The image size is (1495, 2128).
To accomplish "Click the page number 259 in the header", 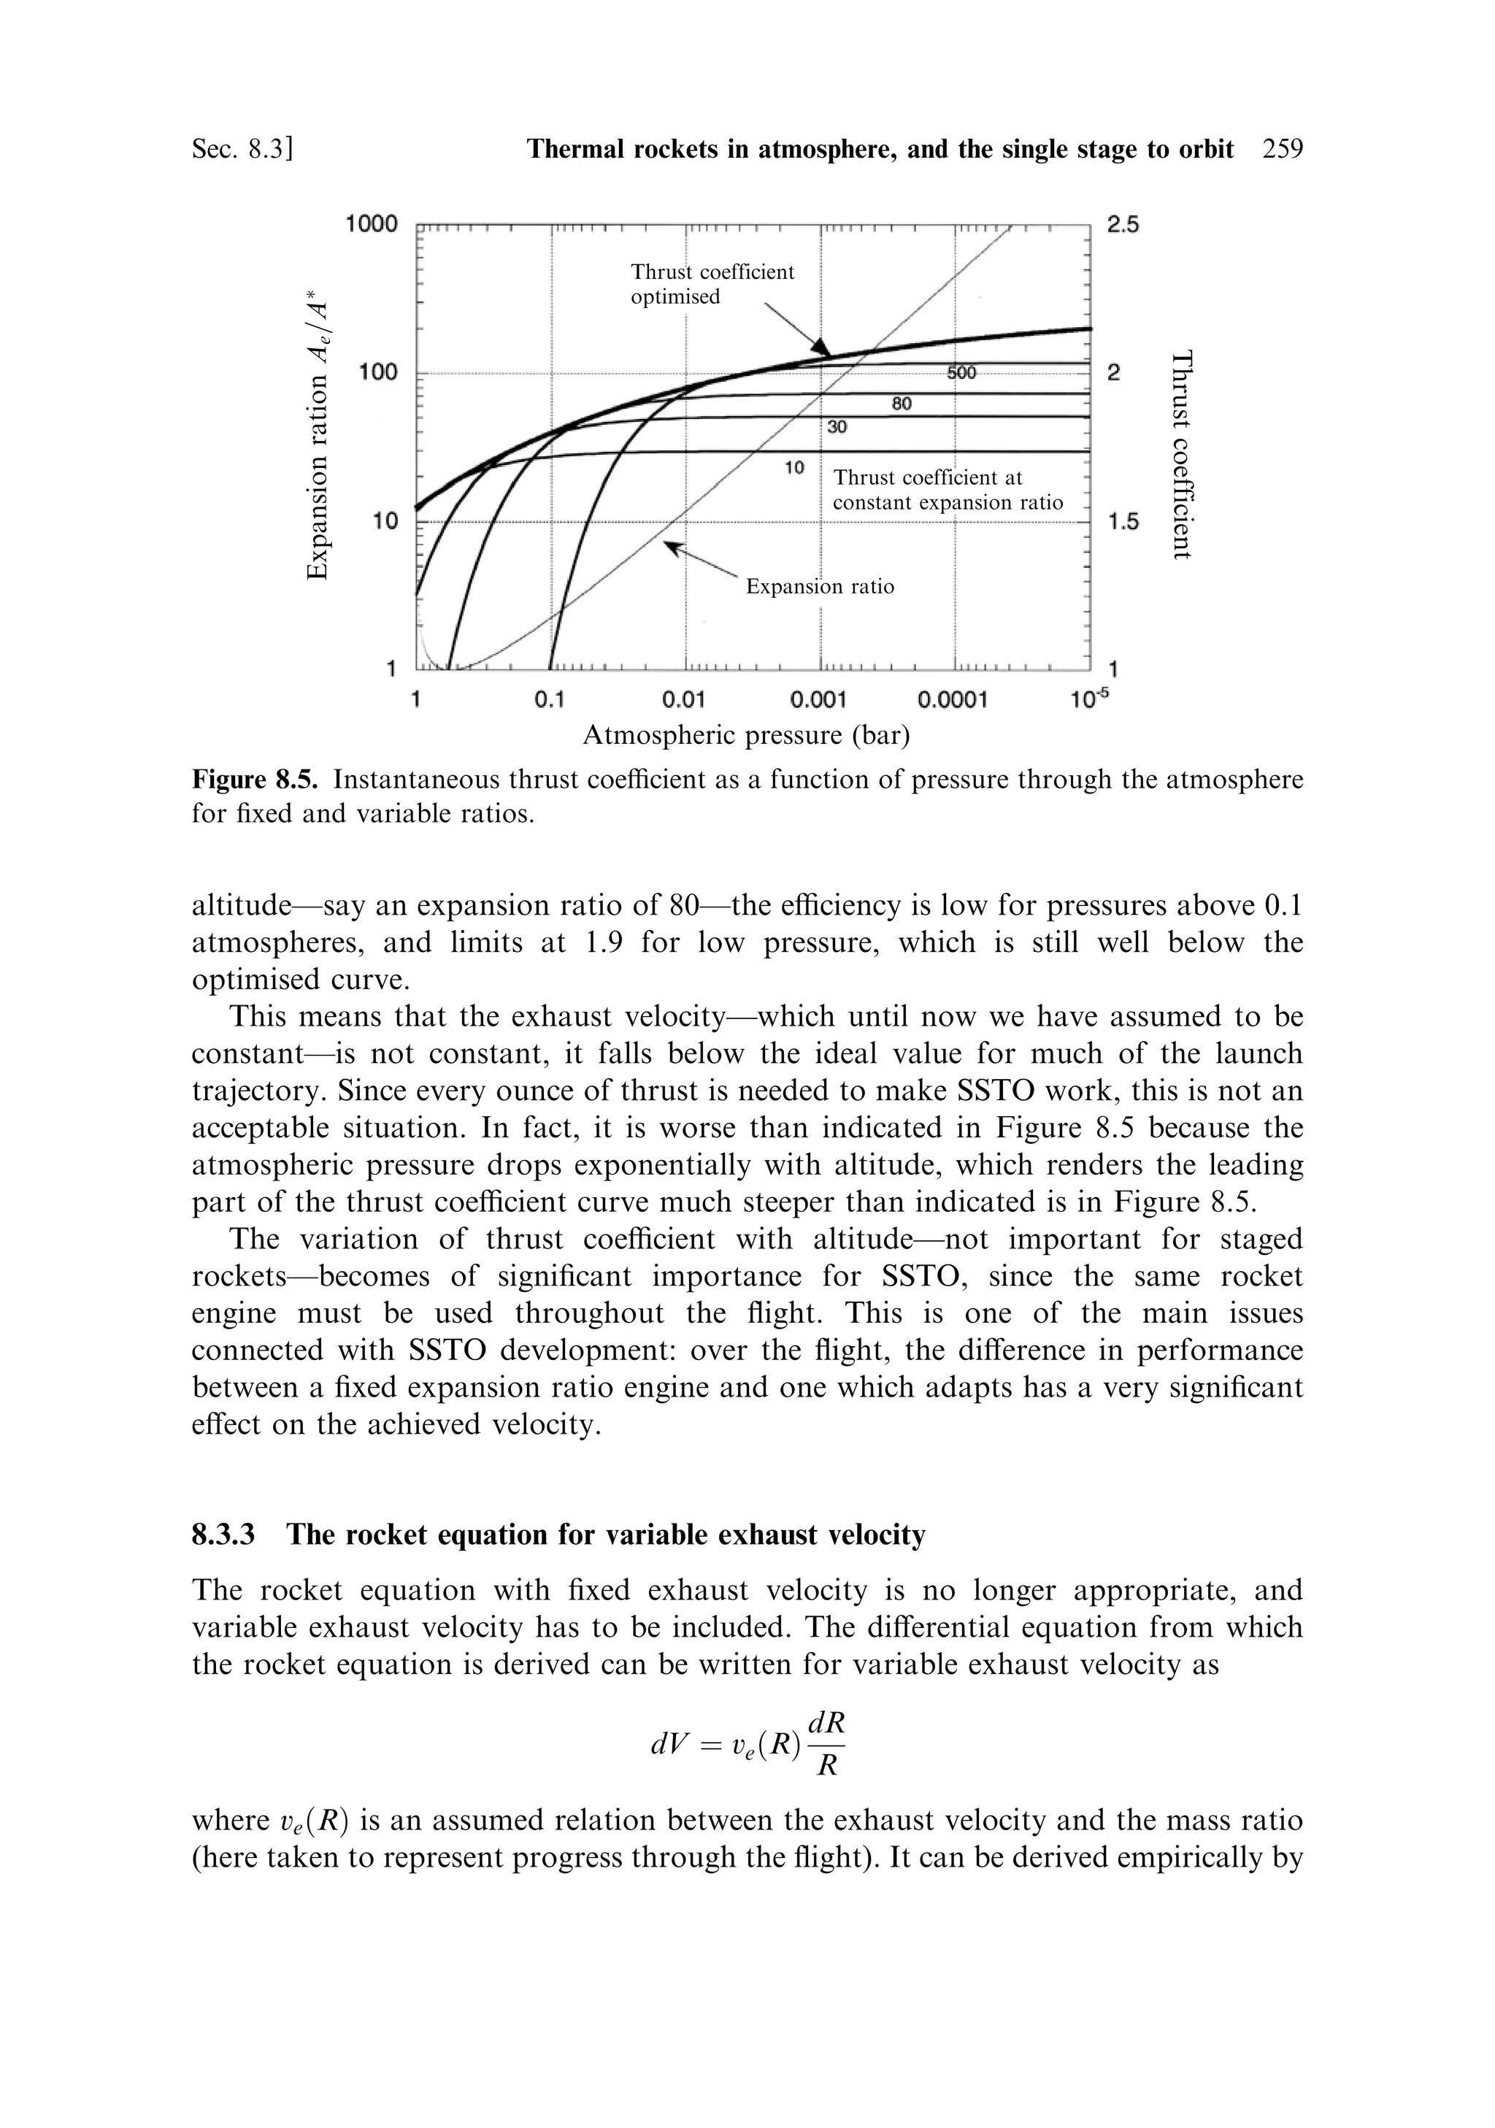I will click(1282, 149).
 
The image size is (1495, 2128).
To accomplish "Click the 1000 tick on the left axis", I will click(371, 224).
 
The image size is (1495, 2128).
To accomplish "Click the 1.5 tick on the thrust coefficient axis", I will click(1124, 522).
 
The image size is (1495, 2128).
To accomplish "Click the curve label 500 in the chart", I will click(961, 372).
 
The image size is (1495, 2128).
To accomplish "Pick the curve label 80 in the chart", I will click(901, 404).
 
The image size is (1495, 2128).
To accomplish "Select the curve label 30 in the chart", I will click(837, 427).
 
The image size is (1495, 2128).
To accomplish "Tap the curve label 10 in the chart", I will click(794, 467).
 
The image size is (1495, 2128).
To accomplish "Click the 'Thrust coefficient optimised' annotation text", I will click(712, 283).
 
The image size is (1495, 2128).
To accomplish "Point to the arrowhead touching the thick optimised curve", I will click(820, 347).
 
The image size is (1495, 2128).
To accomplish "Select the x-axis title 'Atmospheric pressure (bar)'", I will click(746, 736).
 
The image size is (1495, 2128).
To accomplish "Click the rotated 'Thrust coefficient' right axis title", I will click(1179, 454).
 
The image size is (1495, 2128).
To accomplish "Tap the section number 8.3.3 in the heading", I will click(223, 1536).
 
